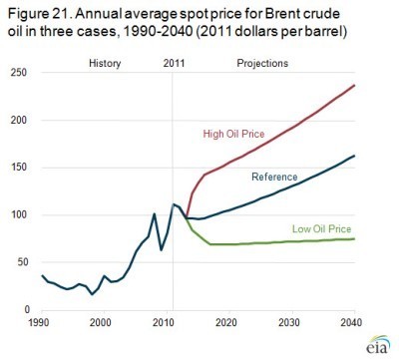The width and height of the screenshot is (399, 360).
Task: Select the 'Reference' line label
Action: tap(274, 177)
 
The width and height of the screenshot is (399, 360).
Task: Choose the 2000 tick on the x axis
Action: tap(101, 324)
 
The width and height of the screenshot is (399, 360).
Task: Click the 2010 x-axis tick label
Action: tap(160, 324)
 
